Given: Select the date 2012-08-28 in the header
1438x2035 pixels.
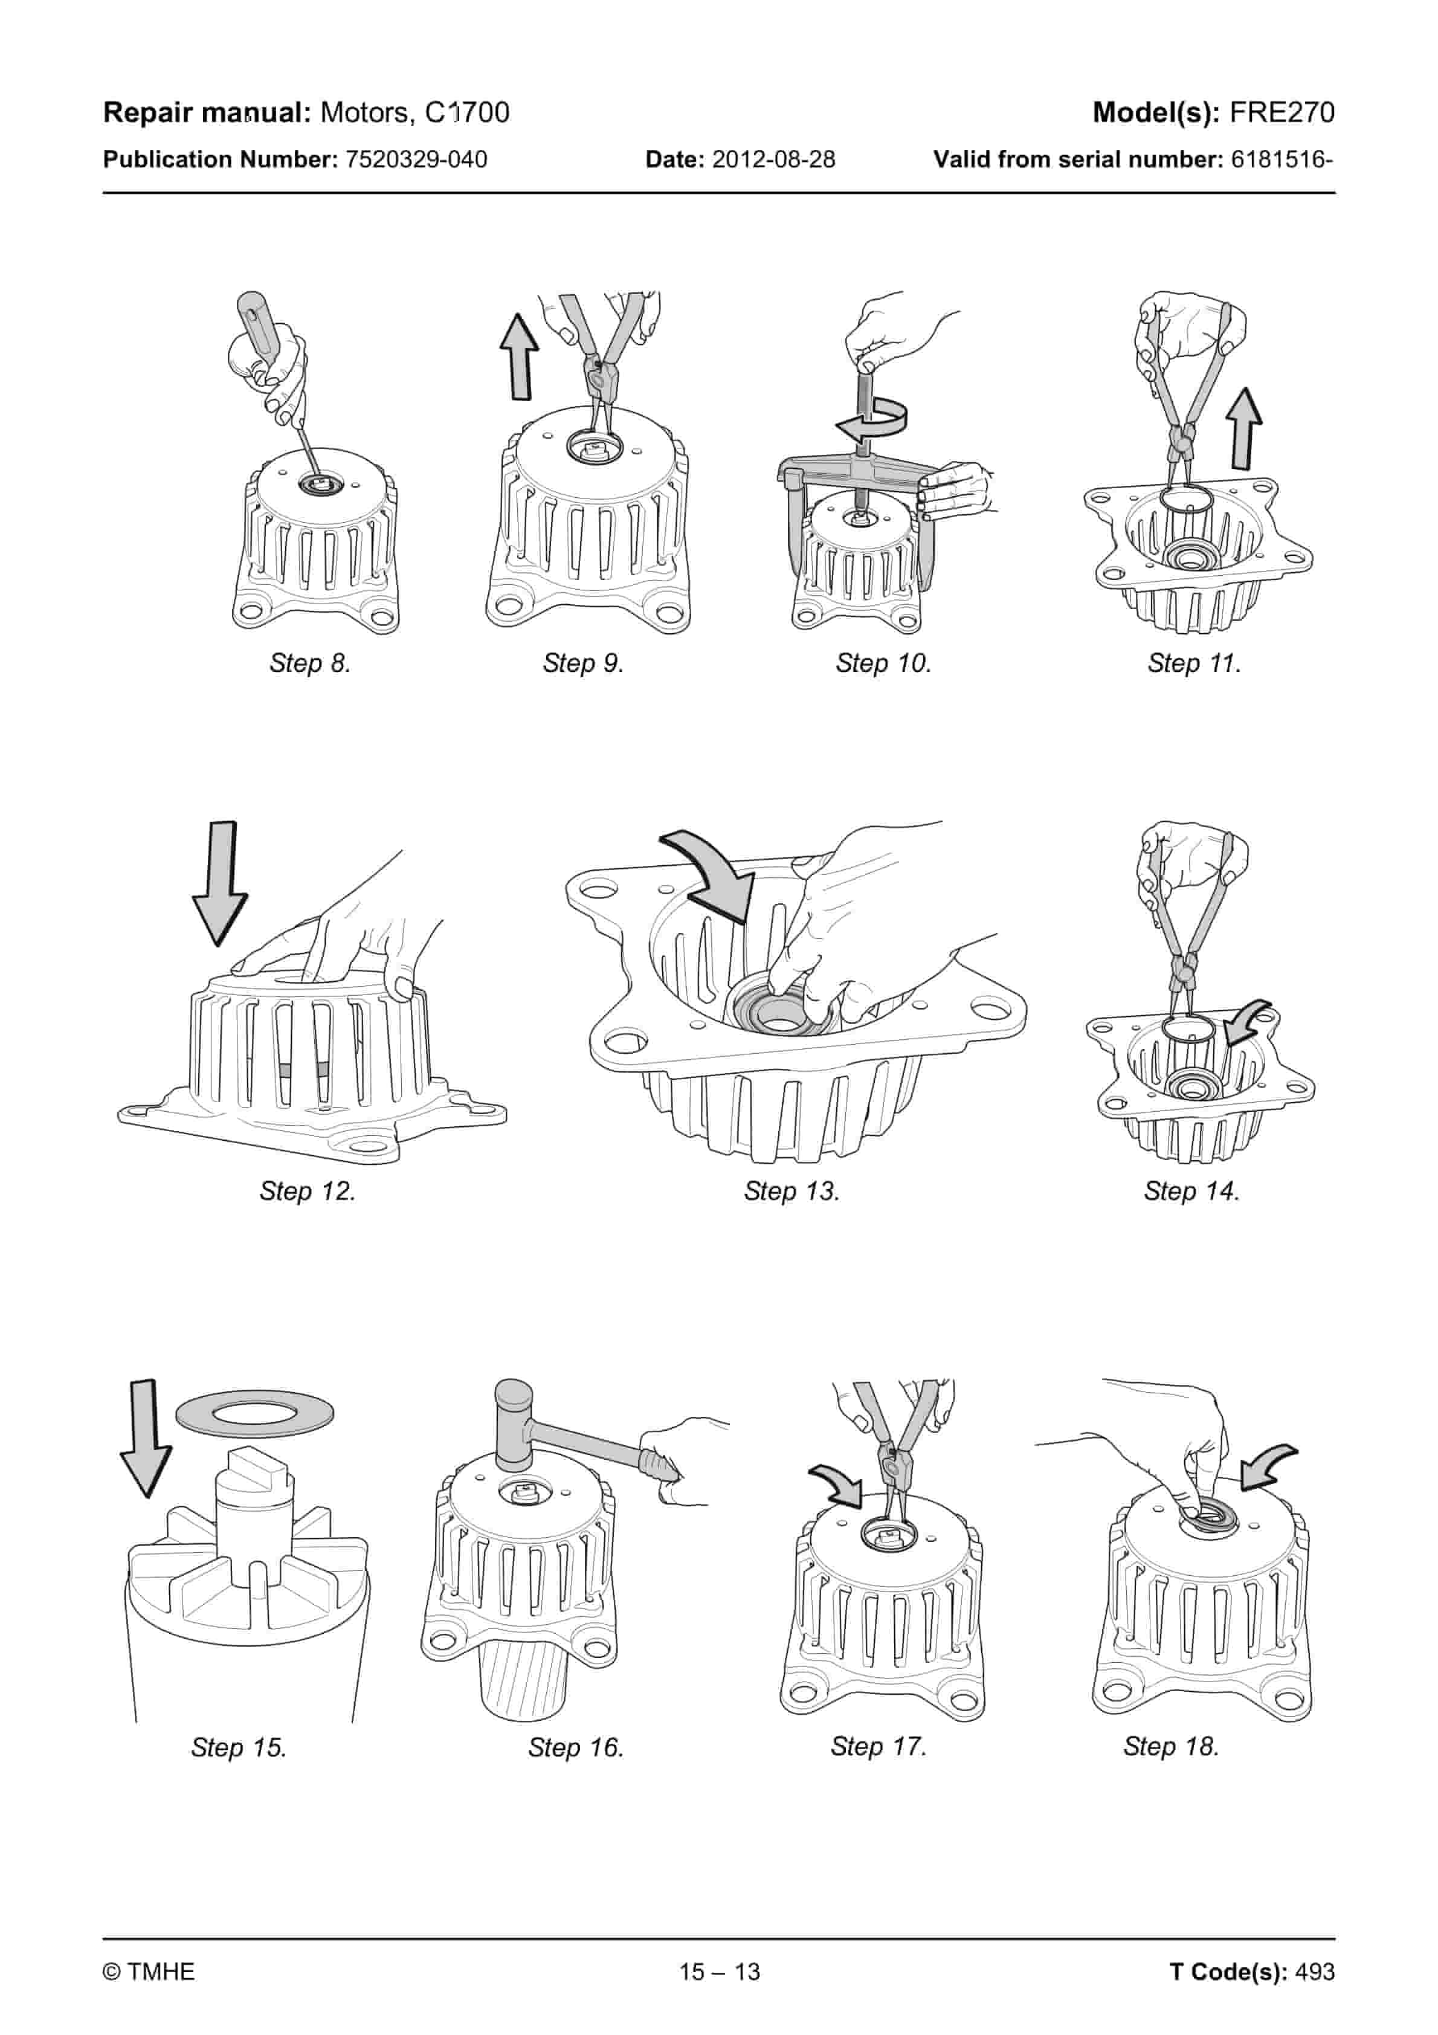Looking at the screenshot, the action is pyautogui.click(x=773, y=160).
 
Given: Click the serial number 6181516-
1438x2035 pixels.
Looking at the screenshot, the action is pyautogui.click(x=1282, y=160).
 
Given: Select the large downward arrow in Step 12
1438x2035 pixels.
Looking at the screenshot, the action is pyautogui.click(x=221, y=883).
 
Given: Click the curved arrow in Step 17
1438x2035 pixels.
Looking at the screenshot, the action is pyautogui.click(x=839, y=1484).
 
